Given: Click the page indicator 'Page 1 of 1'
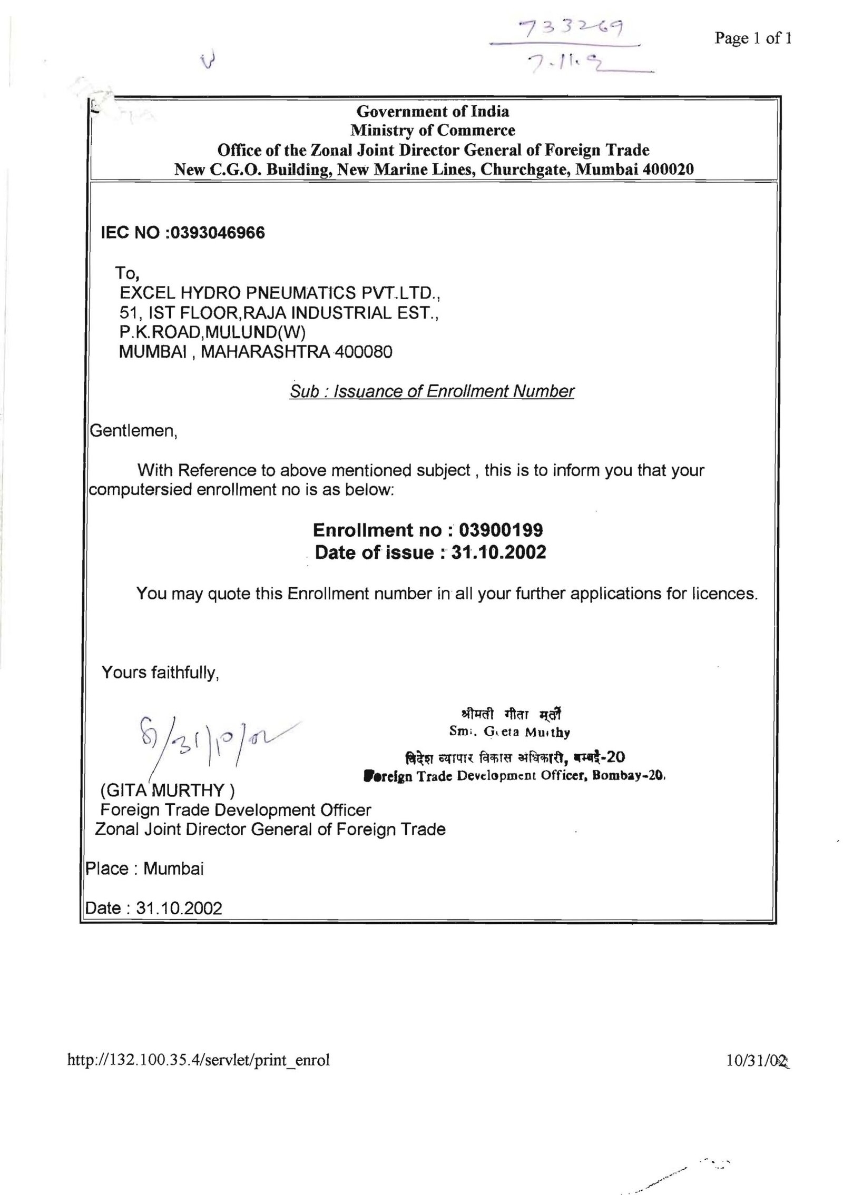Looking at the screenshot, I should coord(753,38).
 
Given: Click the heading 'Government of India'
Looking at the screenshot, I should coord(433,112).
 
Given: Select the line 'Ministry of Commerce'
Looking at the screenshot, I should coord(433,130).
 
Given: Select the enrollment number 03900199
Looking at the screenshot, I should coord(502,529).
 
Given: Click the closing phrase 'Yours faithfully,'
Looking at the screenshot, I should coord(160,673).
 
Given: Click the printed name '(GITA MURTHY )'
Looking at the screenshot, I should coord(168,791).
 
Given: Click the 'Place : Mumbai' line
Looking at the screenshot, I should coord(145,868).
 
